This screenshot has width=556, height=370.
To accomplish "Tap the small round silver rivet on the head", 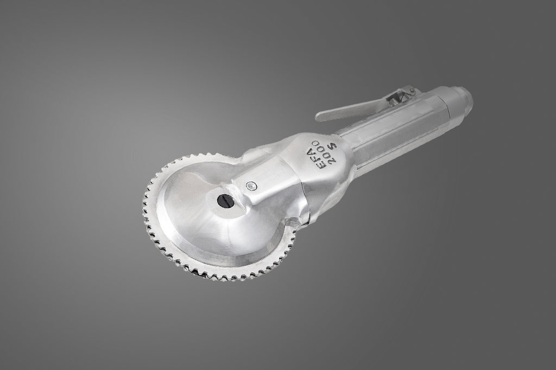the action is pos(251,185).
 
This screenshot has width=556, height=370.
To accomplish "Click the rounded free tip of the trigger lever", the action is pos(319,116).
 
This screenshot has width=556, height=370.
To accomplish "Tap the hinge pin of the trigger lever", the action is pos(412,91).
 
